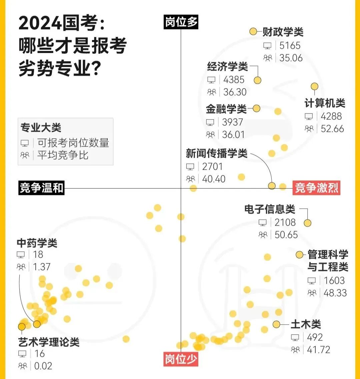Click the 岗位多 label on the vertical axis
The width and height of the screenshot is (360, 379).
point(181,22)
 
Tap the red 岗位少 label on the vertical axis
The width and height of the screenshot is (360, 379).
point(181,360)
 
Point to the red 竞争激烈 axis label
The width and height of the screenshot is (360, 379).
point(316,188)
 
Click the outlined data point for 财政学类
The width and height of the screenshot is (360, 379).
point(253,32)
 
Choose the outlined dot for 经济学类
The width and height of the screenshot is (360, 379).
point(257,80)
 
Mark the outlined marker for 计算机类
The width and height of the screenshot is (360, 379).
point(314,87)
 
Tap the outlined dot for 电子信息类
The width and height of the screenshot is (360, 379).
point(307,223)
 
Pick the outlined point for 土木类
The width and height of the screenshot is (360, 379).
point(276,324)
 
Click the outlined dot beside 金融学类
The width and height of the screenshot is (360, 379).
point(256,108)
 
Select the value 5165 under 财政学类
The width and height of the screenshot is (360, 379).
point(290,45)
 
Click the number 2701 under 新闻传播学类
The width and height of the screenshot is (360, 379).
point(212,166)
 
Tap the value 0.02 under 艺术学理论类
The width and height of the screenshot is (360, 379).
point(43,366)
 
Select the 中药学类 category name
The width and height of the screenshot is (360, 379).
point(37,243)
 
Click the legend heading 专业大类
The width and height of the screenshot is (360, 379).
point(41,128)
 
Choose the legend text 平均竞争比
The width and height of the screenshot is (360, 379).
point(63,155)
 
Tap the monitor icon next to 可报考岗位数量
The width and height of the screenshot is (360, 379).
point(25,143)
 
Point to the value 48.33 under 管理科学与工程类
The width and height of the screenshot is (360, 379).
point(335,293)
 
